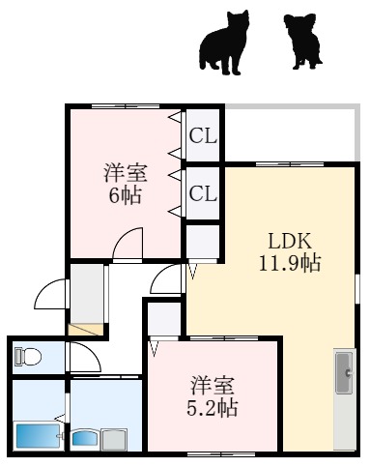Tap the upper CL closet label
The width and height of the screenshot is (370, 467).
click(x=203, y=136)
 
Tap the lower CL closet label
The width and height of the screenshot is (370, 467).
click(x=203, y=193)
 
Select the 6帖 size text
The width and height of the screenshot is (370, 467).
click(x=126, y=194)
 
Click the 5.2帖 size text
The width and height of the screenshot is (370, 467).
click(x=213, y=407)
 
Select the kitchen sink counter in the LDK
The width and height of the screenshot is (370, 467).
click(x=344, y=396)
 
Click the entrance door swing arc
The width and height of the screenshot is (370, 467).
click(x=50, y=292)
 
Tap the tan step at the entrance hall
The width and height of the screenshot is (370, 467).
click(x=85, y=330)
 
